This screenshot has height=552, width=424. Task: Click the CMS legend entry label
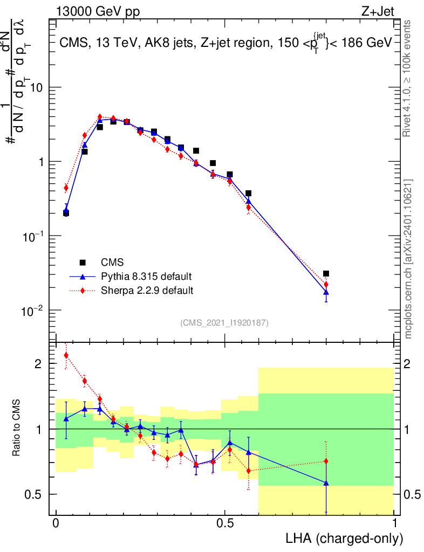click(112, 263)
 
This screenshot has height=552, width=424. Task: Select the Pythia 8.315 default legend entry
click(146, 277)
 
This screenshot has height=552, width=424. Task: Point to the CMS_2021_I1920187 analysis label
click(224, 323)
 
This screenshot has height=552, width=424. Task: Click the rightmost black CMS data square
click(326, 274)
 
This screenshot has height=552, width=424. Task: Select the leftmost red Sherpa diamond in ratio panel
click(66, 355)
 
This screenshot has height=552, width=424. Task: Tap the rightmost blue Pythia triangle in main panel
click(326, 292)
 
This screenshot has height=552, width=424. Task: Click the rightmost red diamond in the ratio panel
click(326, 461)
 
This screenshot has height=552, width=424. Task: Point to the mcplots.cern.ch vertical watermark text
click(408, 259)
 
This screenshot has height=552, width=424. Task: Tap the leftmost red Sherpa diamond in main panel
click(66, 188)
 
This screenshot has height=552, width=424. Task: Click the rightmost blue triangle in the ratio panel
click(326, 483)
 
